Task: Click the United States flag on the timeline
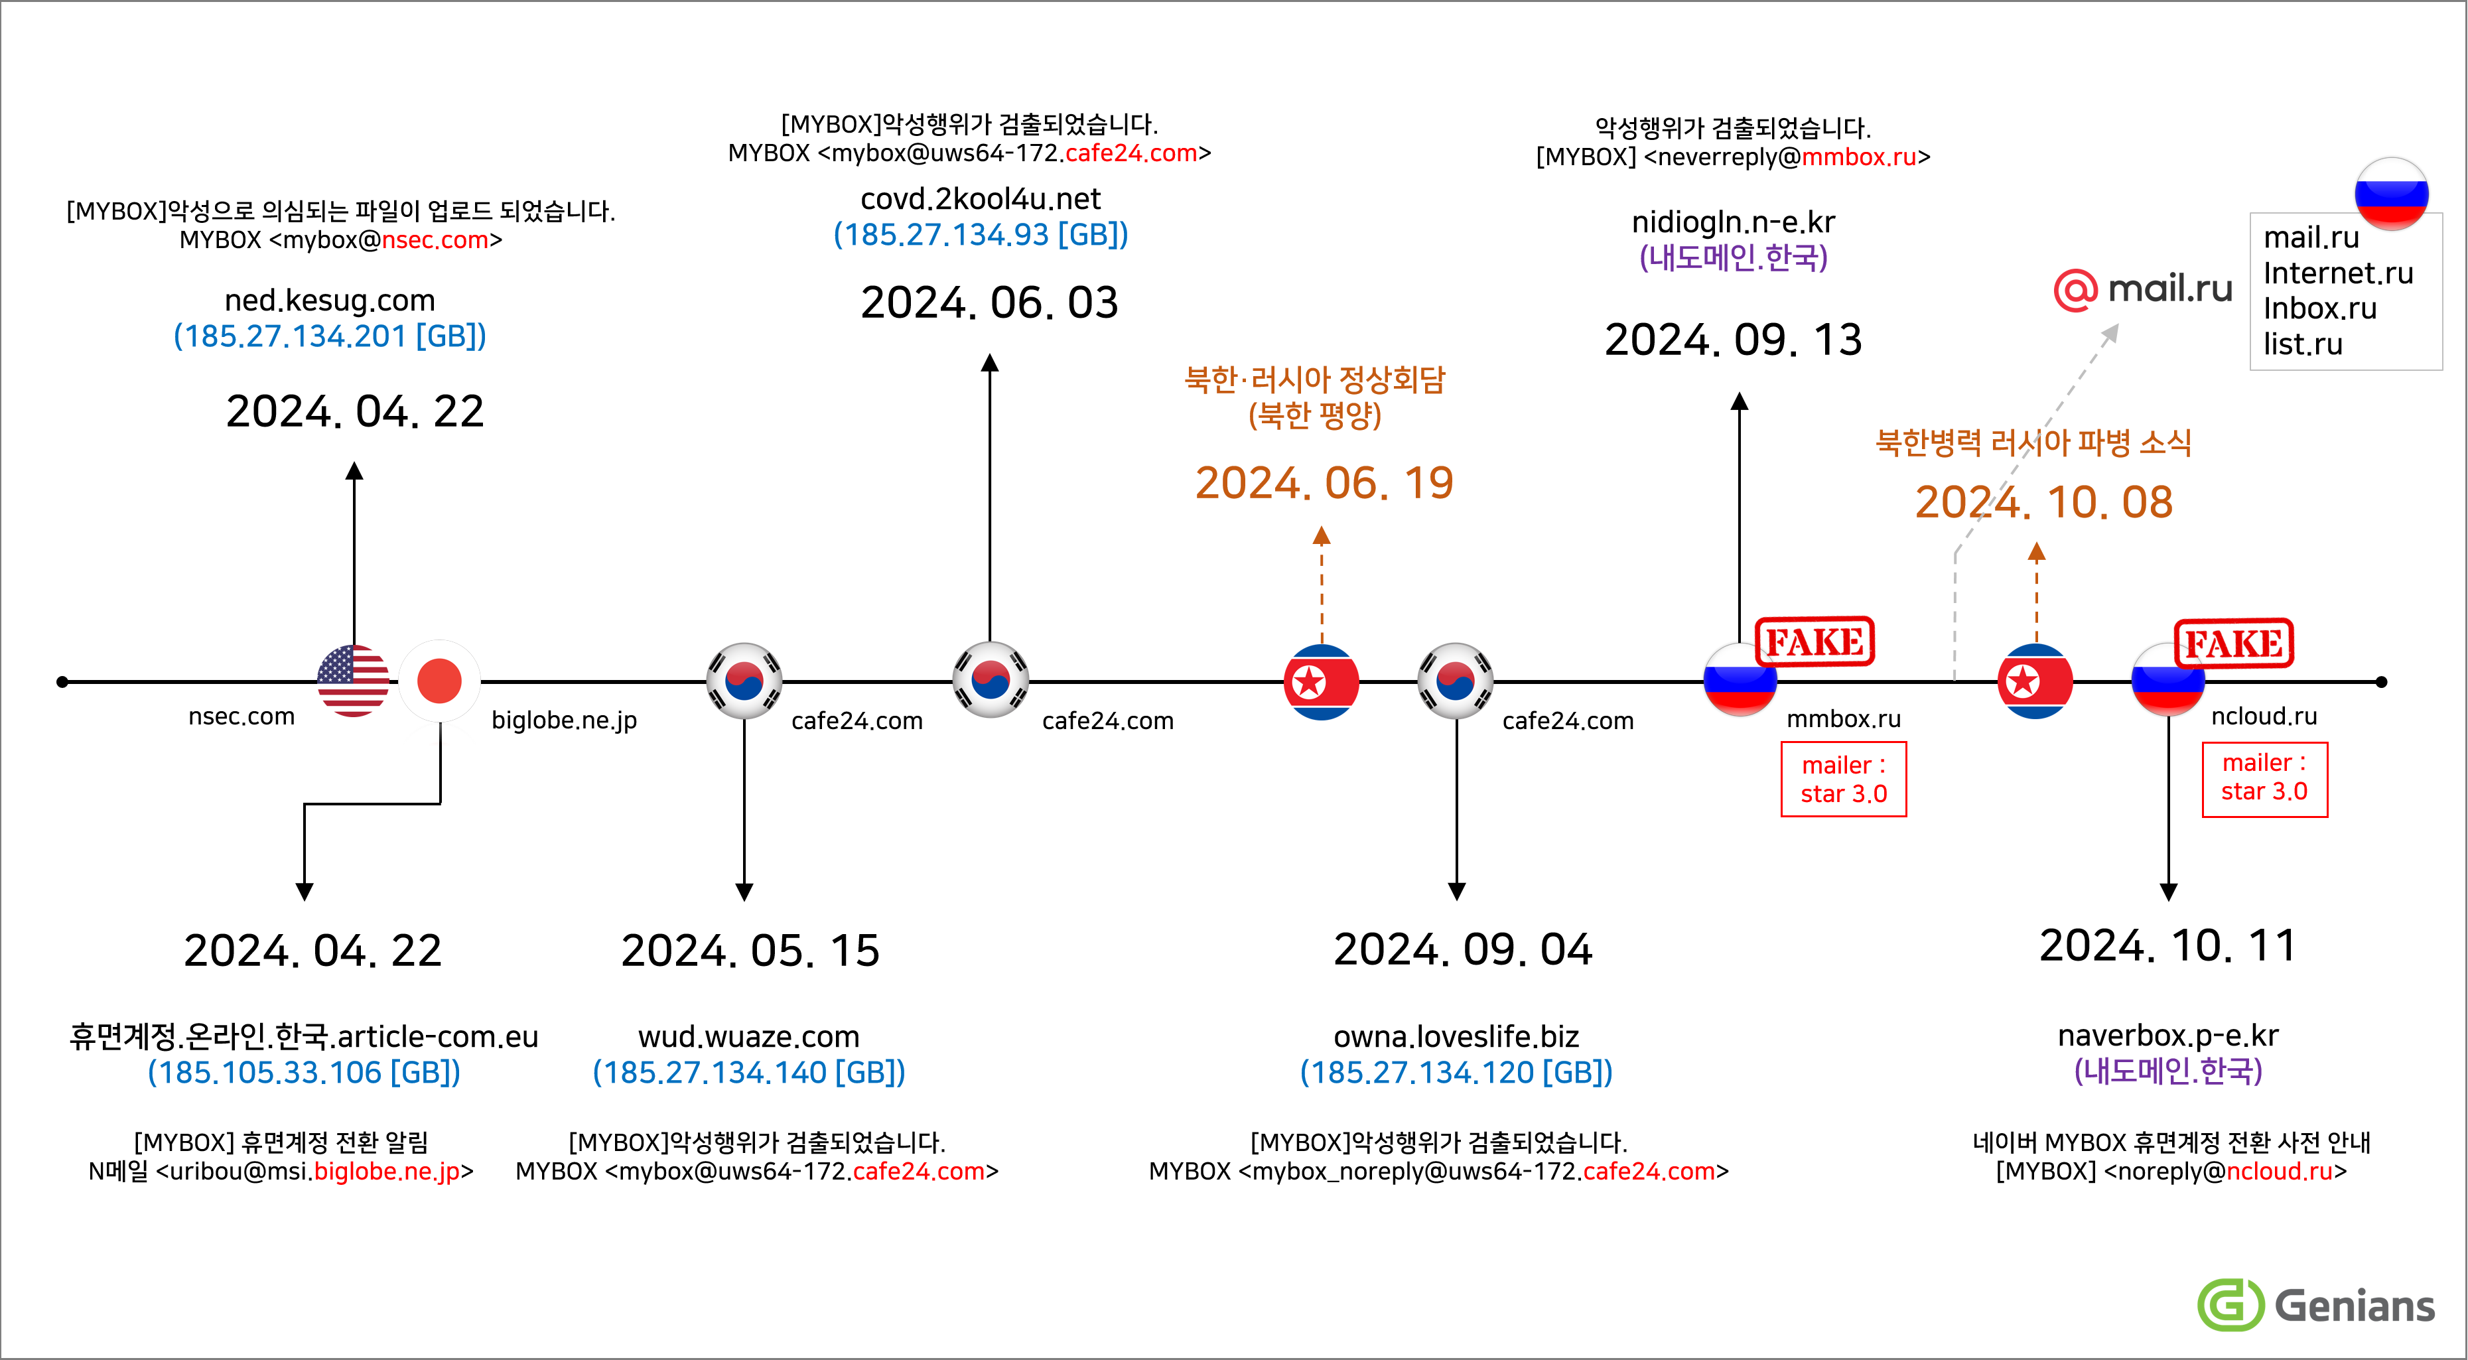click(x=354, y=681)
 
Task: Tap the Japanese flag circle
click(x=440, y=681)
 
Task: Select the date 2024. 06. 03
click(x=990, y=303)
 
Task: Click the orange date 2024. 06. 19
click(x=1324, y=483)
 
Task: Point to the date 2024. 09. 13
click(x=1733, y=340)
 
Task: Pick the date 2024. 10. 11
click(x=2168, y=945)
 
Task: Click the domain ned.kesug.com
click(x=330, y=301)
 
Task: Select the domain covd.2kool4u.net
click(x=981, y=198)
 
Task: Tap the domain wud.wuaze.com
click(x=749, y=1036)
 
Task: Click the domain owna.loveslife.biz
click(x=1456, y=1036)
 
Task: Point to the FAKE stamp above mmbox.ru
click(x=1815, y=642)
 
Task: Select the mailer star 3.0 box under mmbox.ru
click(x=1843, y=780)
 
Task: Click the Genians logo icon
click(x=2230, y=1304)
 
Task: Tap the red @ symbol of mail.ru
click(x=2075, y=289)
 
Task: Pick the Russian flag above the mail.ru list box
click(x=2391, y=194)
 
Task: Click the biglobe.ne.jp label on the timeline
click(x=565, y=720)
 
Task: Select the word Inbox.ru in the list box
click(x=2319, y=308)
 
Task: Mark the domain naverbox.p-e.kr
click(x=2168, y=1036)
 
